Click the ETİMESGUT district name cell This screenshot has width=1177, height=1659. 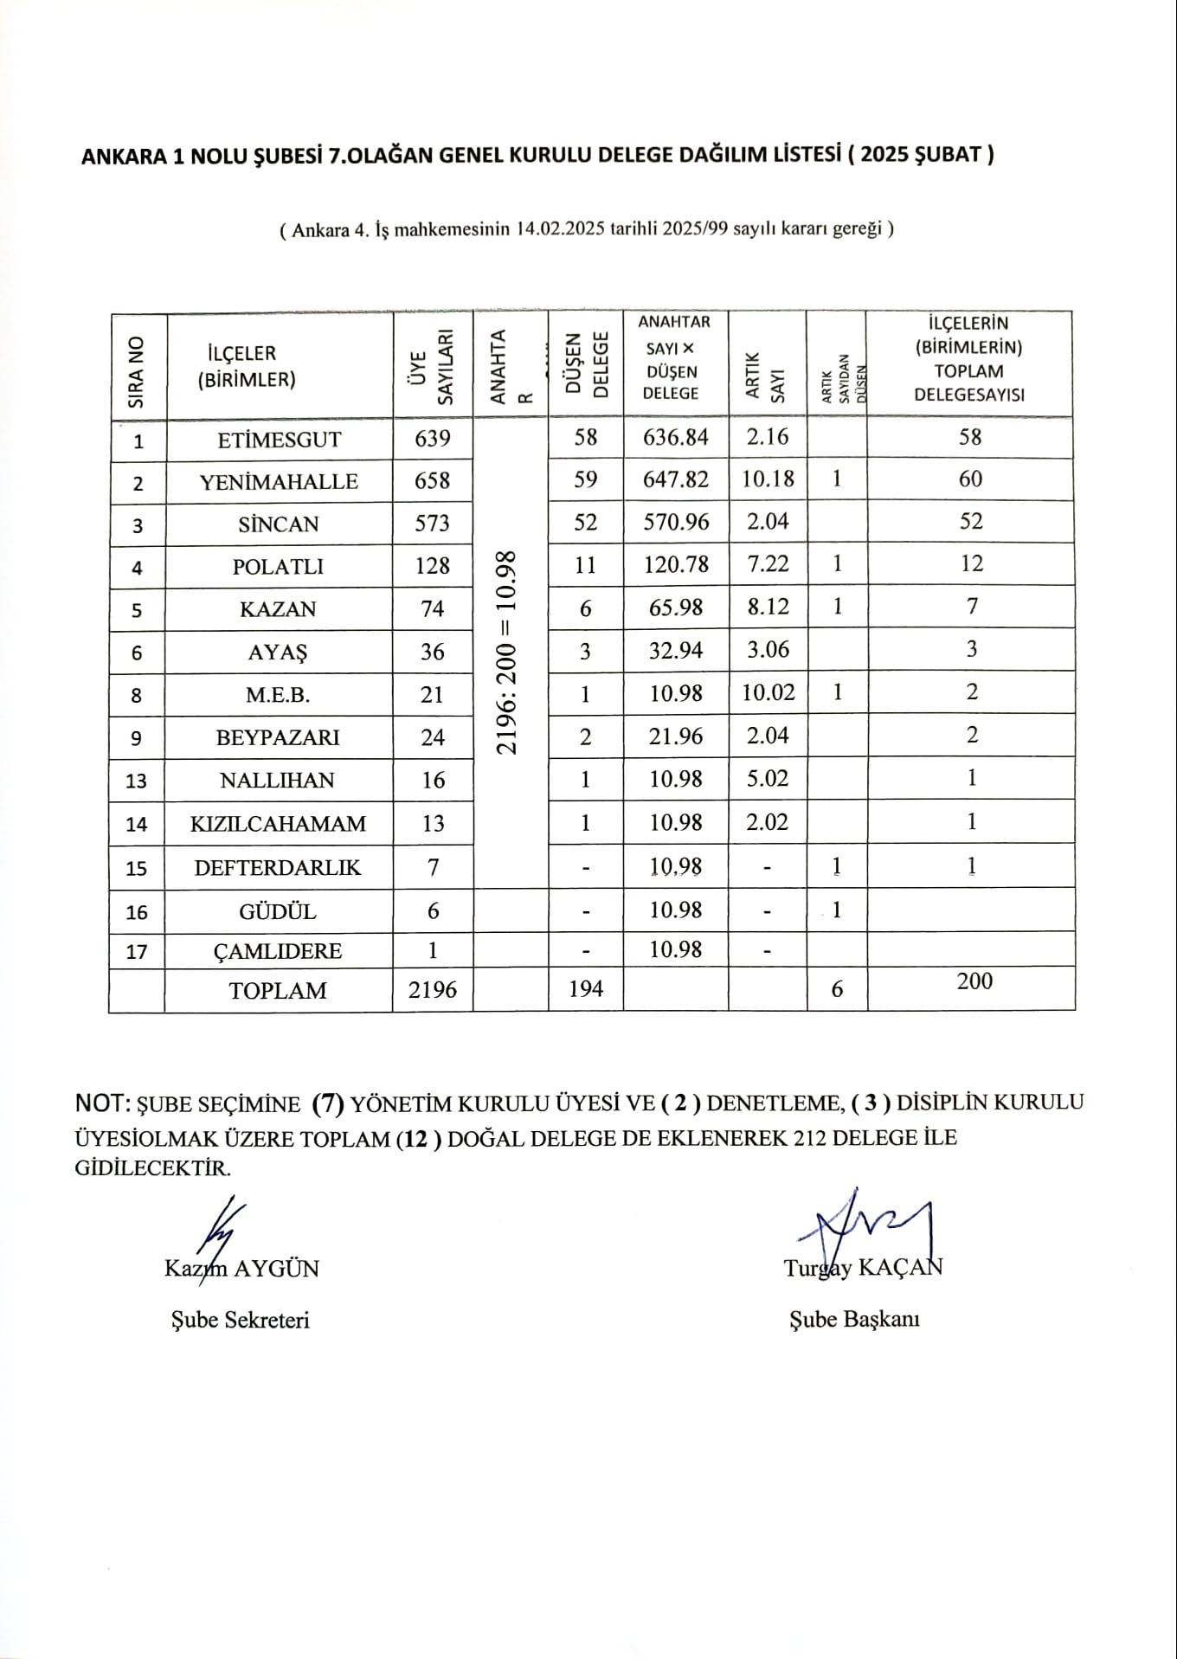[279, 439]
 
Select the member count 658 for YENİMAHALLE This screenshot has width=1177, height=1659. [432, 480]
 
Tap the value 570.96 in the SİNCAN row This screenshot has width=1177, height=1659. [675, 522]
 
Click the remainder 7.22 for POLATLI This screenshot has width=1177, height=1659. [768, 564]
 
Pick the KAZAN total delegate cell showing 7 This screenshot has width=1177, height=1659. [971, 607]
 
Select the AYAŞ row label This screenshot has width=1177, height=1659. [278, 652]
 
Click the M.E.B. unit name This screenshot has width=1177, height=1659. [278, 695]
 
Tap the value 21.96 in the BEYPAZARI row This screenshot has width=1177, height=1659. [675, 736]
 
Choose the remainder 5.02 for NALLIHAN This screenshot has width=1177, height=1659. [768, 779]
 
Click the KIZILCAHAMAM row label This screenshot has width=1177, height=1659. [278, 823]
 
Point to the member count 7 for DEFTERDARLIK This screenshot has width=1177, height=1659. [432, 866]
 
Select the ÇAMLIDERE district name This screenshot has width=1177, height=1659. [278, 951]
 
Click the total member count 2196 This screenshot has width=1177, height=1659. [432, 989]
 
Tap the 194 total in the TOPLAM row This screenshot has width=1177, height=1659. [586, 988]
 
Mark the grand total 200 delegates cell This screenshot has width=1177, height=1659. [974, 981]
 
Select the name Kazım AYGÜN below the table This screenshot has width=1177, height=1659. [241, 1269]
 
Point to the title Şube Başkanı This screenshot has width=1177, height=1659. [854, 1319]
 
